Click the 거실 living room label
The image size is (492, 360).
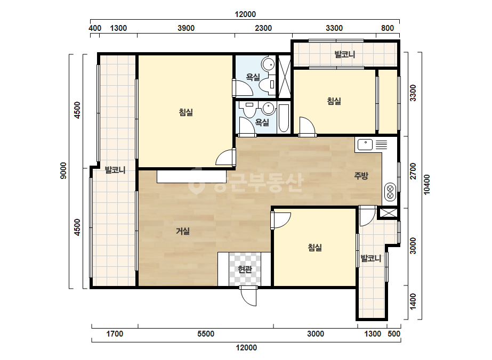pos(183,232)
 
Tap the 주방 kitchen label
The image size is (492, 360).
pos(361,176)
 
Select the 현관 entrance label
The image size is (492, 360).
pos(245,269)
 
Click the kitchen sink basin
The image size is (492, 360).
pos(365,144)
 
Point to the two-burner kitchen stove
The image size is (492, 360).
pos(390,192)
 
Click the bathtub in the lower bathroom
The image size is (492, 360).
pos(284,118)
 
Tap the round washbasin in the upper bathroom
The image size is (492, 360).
pos(268,64)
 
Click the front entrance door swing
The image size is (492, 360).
pos(248,296)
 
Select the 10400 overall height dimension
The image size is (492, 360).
pos(427,185)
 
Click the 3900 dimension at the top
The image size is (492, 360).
pos(186,28)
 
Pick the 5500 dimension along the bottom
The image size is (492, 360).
pos(206,334)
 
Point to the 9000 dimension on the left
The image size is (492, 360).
pos(63,170)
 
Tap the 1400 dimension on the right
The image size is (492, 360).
pos(413,301)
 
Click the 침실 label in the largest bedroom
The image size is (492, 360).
pos(185,112)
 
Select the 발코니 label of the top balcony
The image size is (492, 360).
pos(344,54)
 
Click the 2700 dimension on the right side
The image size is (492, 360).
pos(413,171)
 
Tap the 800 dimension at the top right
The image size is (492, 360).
pos(388,28)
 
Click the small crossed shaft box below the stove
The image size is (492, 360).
pos(389,213)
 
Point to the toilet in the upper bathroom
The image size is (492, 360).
pos(268,85)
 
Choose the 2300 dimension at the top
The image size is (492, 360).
pos(263,28)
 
